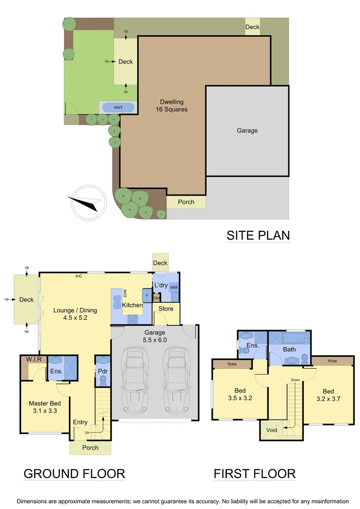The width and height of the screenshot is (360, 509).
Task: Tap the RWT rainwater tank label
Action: pyautogui.click(x=118, y=107)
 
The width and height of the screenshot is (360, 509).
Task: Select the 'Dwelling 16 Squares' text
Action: pyautogui.click(x=172, y=106)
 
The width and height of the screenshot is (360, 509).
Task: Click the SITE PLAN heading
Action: pyautogui.click(x=258, y=235)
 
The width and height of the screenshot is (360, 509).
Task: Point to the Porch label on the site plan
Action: pyautogui.click(x=186, y=202)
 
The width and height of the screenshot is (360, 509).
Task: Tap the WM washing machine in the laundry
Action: pyautogui.click(x=173, y=287)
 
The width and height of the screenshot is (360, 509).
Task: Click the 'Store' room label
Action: pyautogui.click(x=166, y=309)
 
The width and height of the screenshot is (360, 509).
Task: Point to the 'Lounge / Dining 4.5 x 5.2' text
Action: pyautogui.click(x=75, y=314)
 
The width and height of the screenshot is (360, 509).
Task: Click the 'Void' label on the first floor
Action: pyautogui.click(x=271, y=430)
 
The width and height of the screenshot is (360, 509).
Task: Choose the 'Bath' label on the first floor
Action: pyautogui.click(x=289, y=349)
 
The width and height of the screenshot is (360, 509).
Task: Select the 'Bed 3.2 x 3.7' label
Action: pyautogui.click(x=328, y=395)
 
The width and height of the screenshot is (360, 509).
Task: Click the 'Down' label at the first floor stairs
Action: pyautogui.click(x=295, y=379)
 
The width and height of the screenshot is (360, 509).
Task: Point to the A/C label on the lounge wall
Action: pyautogui.click(x=79, y=276)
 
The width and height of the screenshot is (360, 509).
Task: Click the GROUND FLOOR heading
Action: pyautogui.click(x=74, y=473)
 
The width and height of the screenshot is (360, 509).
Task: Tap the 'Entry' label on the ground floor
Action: pyautogui.click(x=80, y=422)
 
